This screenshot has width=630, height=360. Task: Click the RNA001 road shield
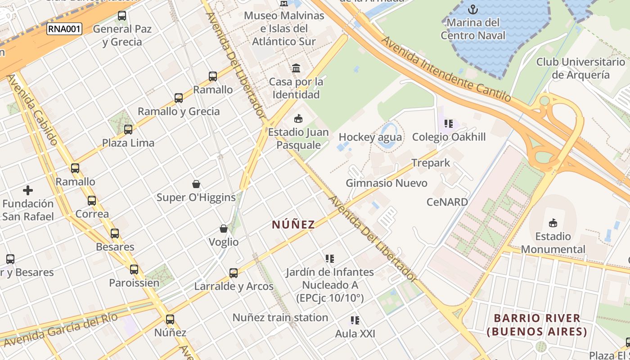[x=64, y=30]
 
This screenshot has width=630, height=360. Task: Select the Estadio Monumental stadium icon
[x=553, y=223]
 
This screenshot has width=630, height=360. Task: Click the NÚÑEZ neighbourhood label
[x=293, y=225]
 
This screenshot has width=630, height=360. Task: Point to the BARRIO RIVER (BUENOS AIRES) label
[x=537, y=325]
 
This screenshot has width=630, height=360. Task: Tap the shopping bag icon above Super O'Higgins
[x=196, y=184]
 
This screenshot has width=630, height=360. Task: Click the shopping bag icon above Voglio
[x=224, y=229]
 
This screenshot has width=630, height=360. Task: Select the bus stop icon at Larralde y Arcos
[x=234, y=273]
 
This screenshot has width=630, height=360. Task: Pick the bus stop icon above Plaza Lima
[x=128, y=130]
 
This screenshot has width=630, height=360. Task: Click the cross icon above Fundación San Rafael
[x=28, y=190]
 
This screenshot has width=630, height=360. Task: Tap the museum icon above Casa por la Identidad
[x=297, y=68]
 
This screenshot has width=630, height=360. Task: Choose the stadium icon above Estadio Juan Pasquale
[x=298, y=119]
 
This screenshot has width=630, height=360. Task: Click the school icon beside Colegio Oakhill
[x=448, y=123]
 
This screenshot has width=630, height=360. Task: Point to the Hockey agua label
[x=370, y=137]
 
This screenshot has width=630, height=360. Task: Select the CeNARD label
[x=447, y=202]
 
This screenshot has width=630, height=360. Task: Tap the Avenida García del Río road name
[x=61, y=330]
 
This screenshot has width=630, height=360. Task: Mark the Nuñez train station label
[x=280, y=317]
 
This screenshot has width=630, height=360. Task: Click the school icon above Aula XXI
[x=355, y=320]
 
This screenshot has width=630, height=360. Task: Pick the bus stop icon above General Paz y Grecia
[x=122, y=16]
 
